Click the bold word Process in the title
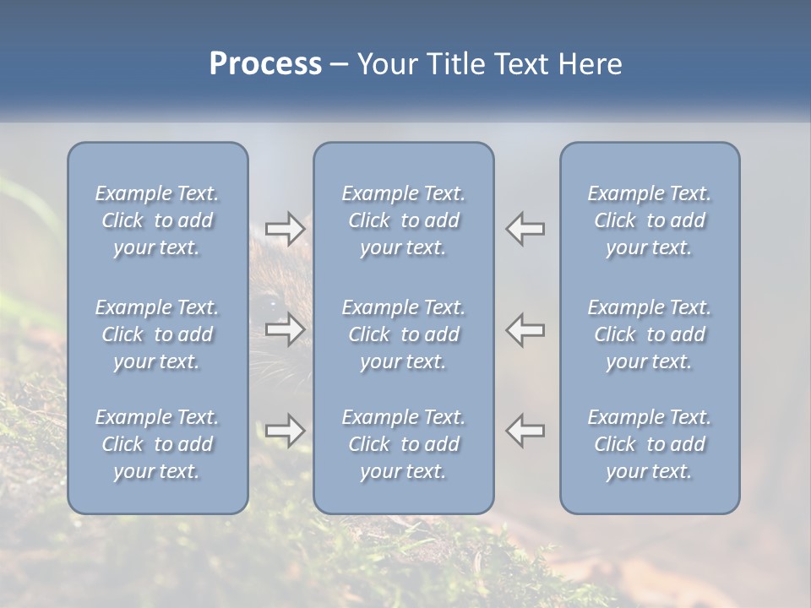click(x=265, y=64)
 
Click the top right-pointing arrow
click(x=286, y=229)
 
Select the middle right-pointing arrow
click(x=286, y=328)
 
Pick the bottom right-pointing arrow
click(x=286, y=431)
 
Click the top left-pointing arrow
click(x=525, y=229)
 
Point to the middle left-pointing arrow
click(x=525, y=328)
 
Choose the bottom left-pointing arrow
click(x=525, y=431)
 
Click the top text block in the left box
click(x=157, y=220)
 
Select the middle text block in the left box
click(x=157, y=334)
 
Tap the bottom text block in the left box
click(x=157, y=444)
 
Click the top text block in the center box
click(x=404, y=220)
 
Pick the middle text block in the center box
click(x=404, y=334)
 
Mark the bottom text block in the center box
click(x=404, y=444)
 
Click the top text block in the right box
click(x=650, y=220)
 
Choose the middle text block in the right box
click(x=650, y=334)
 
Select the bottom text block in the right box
click(x=650, y=444)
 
